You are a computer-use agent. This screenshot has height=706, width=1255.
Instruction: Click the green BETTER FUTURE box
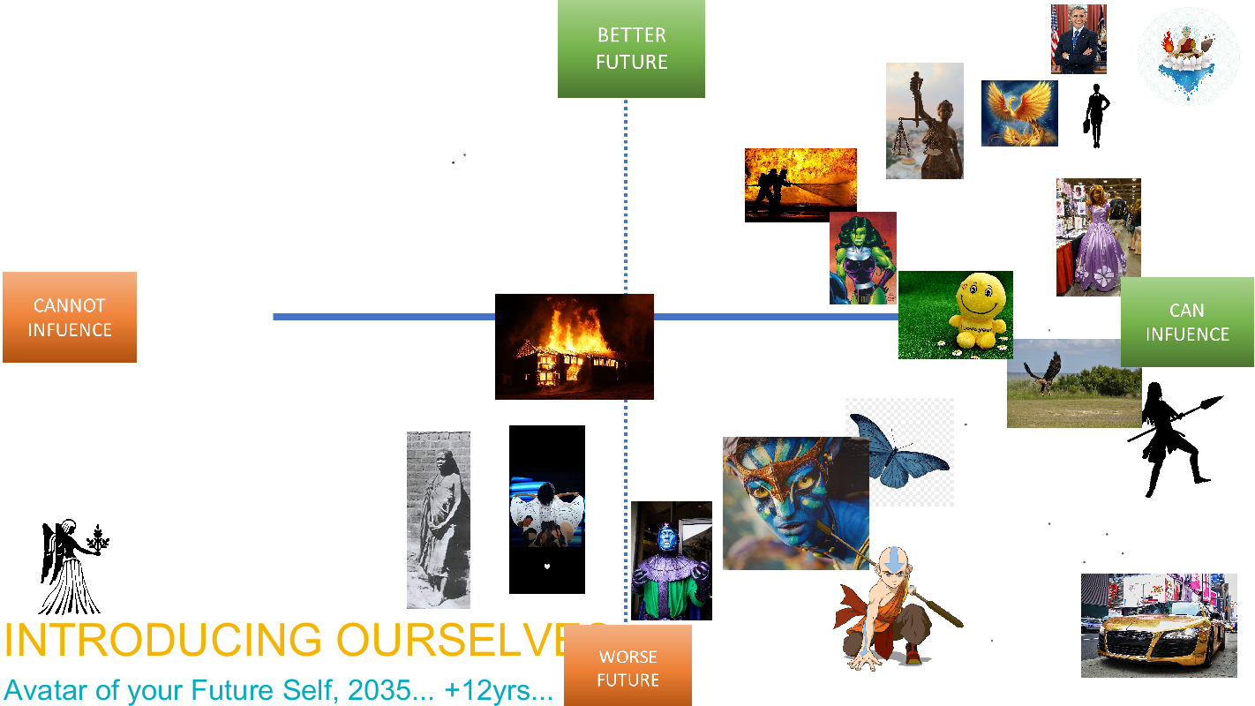pos(631,49)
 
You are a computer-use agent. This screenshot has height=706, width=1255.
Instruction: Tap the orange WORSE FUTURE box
pos(627,665)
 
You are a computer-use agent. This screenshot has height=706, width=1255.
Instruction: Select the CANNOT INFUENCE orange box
pos(70,317)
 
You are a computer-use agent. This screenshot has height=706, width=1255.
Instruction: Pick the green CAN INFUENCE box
pos(1187,322)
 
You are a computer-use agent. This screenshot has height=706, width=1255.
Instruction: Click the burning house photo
pos(575,346)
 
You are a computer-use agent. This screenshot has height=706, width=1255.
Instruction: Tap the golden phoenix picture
pos(1019,113)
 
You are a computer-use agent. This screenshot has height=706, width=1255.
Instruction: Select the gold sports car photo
pos(1159,626)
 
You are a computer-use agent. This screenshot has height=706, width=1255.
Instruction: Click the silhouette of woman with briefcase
pos(1096,116)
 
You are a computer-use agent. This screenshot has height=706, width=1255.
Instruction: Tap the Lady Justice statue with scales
pos(924,121)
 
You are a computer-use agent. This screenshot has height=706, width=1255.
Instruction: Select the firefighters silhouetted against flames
pos(800,185)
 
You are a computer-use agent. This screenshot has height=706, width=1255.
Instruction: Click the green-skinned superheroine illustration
pos(863,259)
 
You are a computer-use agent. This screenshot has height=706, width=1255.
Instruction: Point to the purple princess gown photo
pos(1098,237)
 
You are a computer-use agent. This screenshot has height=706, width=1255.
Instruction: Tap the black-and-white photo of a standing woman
pos(438,520)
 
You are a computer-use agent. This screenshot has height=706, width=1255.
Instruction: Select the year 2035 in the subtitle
pos(379,690)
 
